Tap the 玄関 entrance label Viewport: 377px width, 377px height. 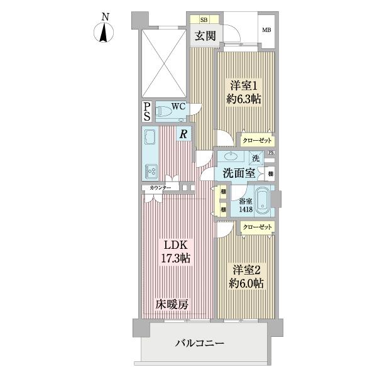pos(204,36)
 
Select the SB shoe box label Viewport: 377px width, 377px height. pos(204,19)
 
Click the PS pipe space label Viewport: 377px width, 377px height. pos(147,111)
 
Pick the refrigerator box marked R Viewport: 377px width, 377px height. pos(183,133)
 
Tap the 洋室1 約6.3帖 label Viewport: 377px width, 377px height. pos(244,93)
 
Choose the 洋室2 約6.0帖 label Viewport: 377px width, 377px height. pos(245,276)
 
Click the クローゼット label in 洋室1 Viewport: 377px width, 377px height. pos(258,141)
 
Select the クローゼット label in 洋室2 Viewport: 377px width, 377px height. pos(258,226)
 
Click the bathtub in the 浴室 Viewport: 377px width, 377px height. pos(263,202)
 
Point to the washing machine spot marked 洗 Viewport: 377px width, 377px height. pos(256,158)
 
